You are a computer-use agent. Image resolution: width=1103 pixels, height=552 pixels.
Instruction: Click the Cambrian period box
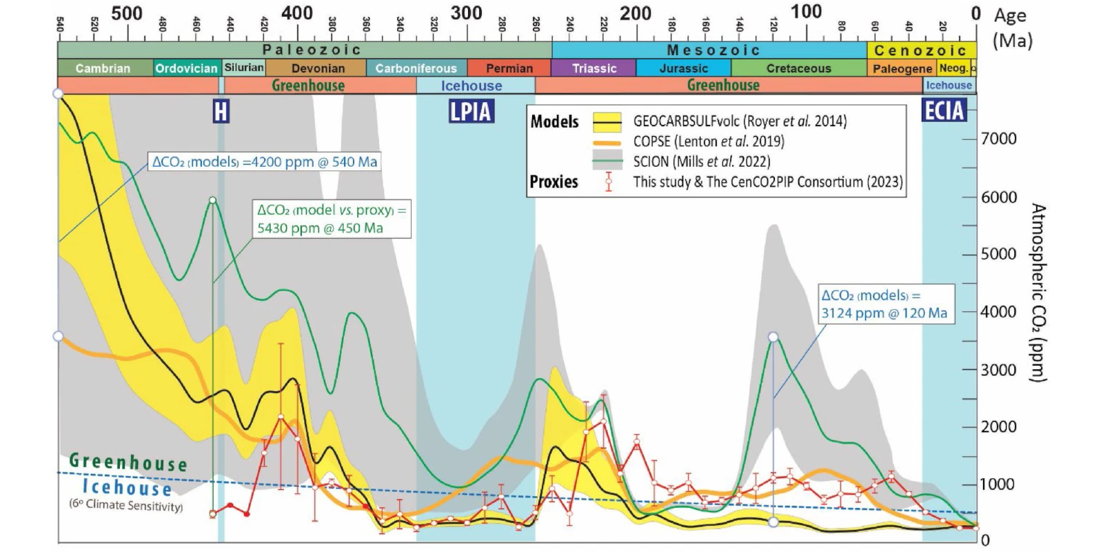[103, 68]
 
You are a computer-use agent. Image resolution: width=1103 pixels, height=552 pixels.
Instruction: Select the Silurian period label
[244, 68]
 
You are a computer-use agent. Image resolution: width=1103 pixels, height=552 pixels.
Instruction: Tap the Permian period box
[509, 68]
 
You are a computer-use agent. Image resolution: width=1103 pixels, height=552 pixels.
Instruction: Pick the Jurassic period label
[683, 68]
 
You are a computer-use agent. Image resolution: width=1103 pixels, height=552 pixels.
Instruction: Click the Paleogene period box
[902, 68]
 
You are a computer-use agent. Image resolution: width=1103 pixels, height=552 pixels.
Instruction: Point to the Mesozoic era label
[713, 50]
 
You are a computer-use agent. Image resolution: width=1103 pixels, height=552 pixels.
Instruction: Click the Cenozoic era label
[920, 50]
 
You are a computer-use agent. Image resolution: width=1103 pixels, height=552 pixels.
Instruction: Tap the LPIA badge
[472, 111]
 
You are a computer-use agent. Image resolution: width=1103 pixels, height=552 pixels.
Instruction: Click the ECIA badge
[944, 110]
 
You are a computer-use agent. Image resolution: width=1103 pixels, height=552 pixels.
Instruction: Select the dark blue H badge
[221, 111]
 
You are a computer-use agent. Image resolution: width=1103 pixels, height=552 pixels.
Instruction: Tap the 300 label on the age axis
[466, 13]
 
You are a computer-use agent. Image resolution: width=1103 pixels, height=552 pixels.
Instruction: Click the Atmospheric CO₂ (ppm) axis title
[1038, 292]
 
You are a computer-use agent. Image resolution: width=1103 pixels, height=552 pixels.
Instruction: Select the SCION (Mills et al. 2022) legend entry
[701, 161]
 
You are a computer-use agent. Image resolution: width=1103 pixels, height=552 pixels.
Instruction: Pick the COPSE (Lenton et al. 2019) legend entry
[708, 141]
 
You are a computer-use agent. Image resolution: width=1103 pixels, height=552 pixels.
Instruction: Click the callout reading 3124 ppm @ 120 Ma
[885, 304]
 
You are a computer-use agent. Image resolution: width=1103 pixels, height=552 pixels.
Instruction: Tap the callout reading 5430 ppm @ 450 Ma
[332, 219]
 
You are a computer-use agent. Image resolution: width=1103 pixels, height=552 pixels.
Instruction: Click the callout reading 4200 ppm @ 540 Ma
[265, 162]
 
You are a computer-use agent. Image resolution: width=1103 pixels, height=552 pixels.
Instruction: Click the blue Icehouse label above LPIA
[472, 86]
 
